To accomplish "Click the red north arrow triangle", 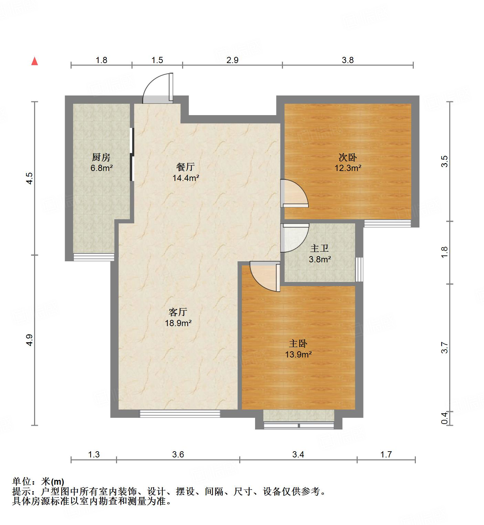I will click(34, 61).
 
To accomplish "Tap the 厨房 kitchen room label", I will click(101, 158).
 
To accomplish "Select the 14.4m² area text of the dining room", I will click(186, 178).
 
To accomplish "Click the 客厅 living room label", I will click(178, 312).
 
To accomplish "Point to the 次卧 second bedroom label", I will click(348, 158).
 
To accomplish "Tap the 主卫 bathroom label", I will click(320, 248).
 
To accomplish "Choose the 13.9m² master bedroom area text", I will click(298, 354).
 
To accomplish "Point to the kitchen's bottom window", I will click(94, 257).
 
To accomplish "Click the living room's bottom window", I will click(180, 413).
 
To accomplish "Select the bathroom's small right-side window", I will click(359, 269).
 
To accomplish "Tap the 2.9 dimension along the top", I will click(232, 60).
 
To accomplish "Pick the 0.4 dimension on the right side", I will click(444, 418).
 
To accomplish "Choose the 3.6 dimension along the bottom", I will click(178, 454).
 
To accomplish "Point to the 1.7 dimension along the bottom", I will click(386, 454).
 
